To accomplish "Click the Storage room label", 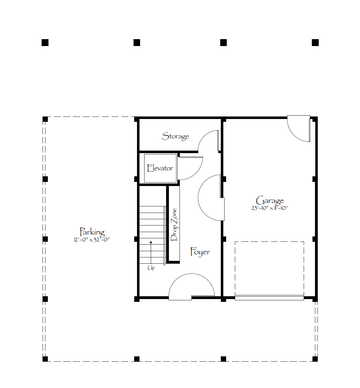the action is tap(175, 136).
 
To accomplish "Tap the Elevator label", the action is tap(160, 168).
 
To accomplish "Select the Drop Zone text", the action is tap(174, 225).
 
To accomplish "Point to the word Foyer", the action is tap(200, 252).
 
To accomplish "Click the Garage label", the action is tap(270, 200).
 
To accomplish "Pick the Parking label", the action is tap(92, 232).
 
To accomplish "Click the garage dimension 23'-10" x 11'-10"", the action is tap(270, 208).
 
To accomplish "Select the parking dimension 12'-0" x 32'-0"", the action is tap(92, 240).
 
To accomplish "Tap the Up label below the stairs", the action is tap(151, 268).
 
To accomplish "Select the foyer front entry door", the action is tap(192, 287).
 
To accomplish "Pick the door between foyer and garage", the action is tap(211, 198).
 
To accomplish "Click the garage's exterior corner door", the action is tap(299, 128).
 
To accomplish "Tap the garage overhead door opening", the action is tap(269, 297).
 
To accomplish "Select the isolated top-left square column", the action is tap(45, 43).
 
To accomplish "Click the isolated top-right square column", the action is tap(315, 43).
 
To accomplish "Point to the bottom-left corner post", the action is tap(45, 359).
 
